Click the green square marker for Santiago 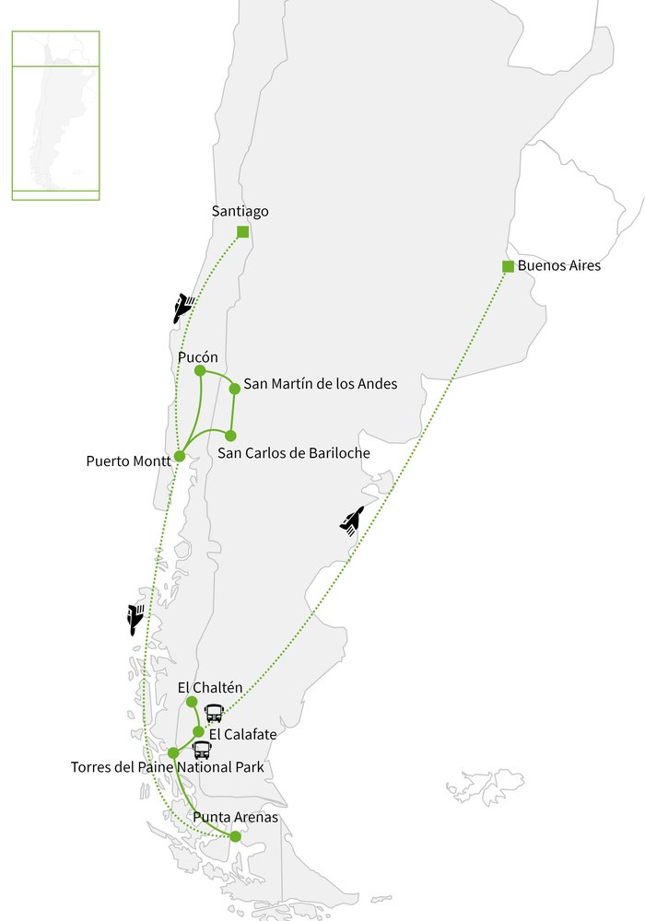point(242,232)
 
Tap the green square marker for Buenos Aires point(508,267)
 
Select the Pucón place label point(197,356)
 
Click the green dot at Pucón point(200,370)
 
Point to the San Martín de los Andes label point(320,384)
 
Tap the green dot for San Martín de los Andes point(234,389)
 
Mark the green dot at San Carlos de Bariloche point(230,436)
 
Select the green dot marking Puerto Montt point(181,456)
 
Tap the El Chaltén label point(209,687)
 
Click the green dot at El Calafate point(198,731)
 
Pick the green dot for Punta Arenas point(235,836)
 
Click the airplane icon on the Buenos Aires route point(351,521)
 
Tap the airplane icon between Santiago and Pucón point(183,306)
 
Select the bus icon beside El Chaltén point(214,712)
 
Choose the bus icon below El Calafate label point(202,750)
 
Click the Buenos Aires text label point(558,266)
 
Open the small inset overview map point(55,115)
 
